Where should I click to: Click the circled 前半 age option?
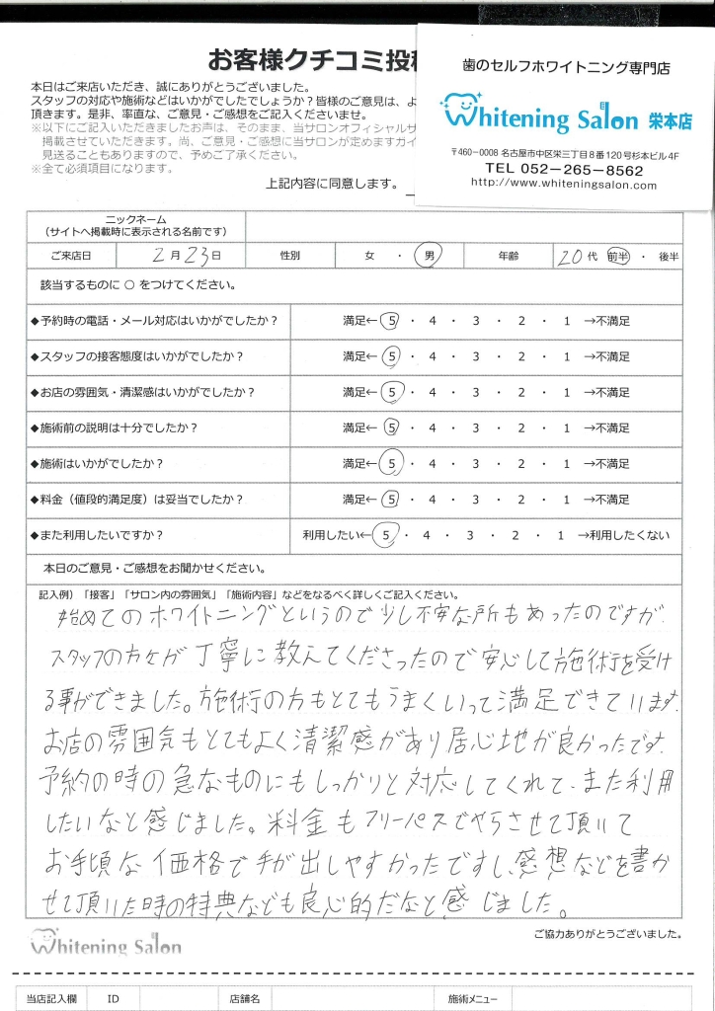tap(619, 255)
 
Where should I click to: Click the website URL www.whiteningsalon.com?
tap(564, 184)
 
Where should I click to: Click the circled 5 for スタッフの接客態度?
tap(391, 356)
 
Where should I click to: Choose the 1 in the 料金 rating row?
tap(567, 499)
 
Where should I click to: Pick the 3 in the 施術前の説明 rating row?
tap(476, 428)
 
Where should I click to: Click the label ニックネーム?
tap(135, 218)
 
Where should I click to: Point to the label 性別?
tap(290, 256)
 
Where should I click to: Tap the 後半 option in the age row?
tap(668, 256)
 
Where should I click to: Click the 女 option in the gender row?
tap(369, 256)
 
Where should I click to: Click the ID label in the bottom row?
tap(114, 999)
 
